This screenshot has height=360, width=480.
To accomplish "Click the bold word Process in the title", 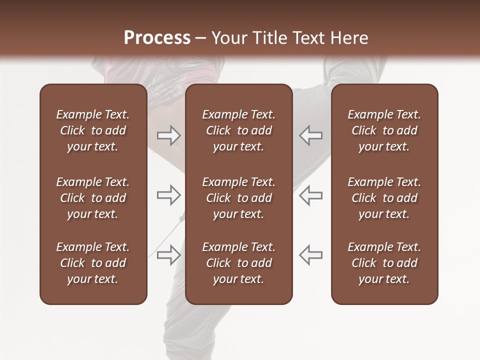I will click(157, 38).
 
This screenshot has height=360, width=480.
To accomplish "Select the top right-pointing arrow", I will click(169, 135).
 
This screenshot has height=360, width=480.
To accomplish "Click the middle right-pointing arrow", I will click(169, 195).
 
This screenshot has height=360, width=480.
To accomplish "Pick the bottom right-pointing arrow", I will click(169, 255).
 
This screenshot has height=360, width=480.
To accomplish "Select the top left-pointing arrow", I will click(310, 135).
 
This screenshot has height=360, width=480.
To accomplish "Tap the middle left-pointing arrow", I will click(310, 195).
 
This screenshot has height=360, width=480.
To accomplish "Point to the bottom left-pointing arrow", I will click(310, 255).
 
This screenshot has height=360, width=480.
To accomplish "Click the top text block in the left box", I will click(93, 130).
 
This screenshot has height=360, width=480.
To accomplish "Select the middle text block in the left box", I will click(93, 198).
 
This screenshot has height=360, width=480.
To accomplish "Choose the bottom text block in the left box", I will click(93, 263).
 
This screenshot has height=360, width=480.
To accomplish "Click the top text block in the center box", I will click(238, 130).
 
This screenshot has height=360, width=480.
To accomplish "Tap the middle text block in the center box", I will click(238, 198).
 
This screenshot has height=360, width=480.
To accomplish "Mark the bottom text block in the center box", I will click(238, 263).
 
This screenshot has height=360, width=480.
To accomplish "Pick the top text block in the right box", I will click(384, 130).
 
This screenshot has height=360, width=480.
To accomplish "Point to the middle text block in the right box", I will click(384, 198).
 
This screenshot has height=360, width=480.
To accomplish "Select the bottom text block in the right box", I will click(384, 263).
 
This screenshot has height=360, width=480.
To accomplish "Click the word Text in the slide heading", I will click(308, 38).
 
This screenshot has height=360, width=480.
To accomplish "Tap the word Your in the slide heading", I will click(228, 38).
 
